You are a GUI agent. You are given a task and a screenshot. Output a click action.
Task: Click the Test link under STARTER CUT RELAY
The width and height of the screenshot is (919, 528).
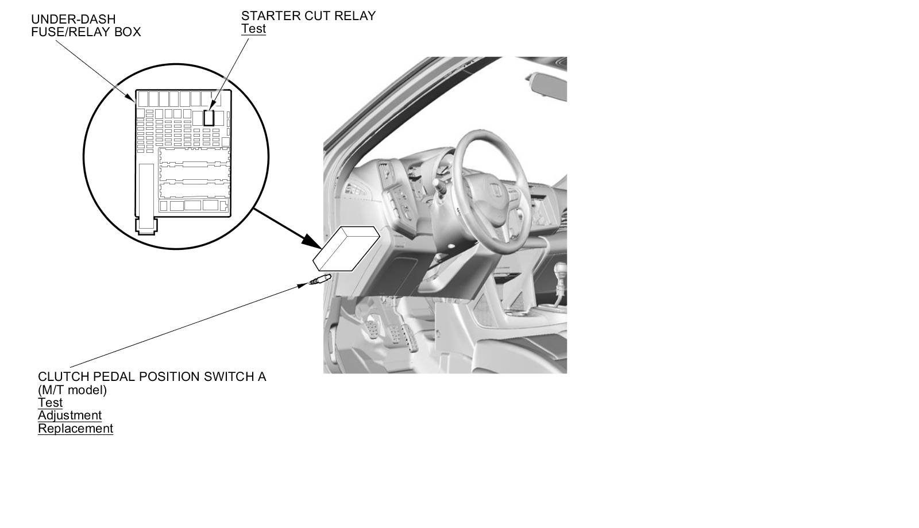pos(253,29)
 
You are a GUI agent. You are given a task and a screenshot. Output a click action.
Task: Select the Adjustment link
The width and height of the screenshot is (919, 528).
pos(69,415)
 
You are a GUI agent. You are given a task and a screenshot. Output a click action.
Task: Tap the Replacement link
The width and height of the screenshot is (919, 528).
pos(75,429)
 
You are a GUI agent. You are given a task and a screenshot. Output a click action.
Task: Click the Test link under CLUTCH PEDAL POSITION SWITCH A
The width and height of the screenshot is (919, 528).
pos(50,402)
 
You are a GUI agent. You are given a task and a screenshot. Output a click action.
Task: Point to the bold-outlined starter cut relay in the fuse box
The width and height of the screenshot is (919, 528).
pos(209,117)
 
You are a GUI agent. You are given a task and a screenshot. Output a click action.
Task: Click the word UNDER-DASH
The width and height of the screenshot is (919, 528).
pos(74,20)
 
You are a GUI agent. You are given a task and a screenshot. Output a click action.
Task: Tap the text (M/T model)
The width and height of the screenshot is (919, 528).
pos(72,390)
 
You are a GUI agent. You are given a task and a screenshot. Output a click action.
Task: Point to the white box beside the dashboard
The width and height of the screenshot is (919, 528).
pos(346,249)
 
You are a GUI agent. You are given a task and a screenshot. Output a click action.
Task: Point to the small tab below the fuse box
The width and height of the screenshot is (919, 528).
pos(146,226)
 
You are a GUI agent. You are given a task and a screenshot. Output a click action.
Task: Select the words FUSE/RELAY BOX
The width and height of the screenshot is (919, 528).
pos(86,32)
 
